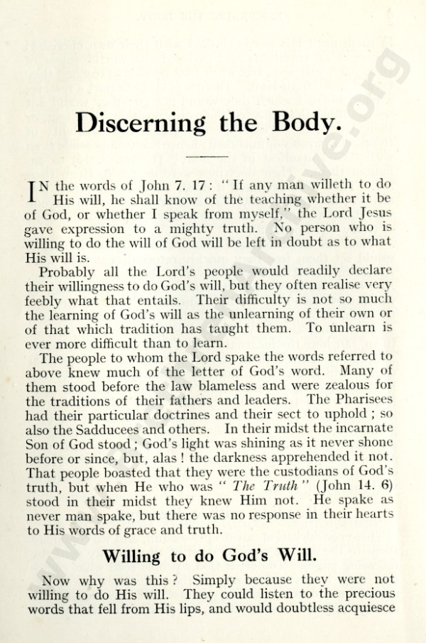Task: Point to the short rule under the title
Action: coord(207,155)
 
